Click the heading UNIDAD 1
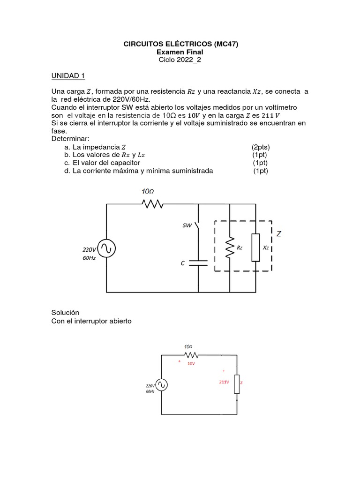coord(67,76)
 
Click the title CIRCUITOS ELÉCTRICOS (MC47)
coord(180,45)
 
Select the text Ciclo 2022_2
coord(180,60)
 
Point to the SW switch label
coord(187,225)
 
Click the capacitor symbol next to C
coord(199,262)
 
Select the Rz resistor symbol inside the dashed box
coord(230,247)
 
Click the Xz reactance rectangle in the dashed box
coord(255,247)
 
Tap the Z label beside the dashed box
coord(279,233)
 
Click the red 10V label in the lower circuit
coord(191,363)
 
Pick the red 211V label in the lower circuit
coord(224,382)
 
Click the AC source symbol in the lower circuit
coord(161,385)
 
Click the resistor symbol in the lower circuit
coord(190,355)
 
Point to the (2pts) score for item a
coord(261,147)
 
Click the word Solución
coord(65,312)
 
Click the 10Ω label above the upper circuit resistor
coord(148,191)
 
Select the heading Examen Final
coord(180,52)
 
